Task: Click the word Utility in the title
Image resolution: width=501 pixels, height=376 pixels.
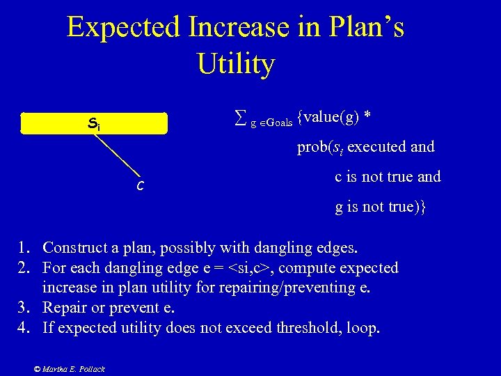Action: point(236,64)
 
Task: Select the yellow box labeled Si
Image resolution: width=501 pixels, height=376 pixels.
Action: point(95,123)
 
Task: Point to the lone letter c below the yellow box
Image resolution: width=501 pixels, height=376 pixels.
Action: point(141,185)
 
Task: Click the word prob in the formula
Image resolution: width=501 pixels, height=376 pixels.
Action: point(311,147)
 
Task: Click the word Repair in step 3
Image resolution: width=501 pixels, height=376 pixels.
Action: point(65,308)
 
